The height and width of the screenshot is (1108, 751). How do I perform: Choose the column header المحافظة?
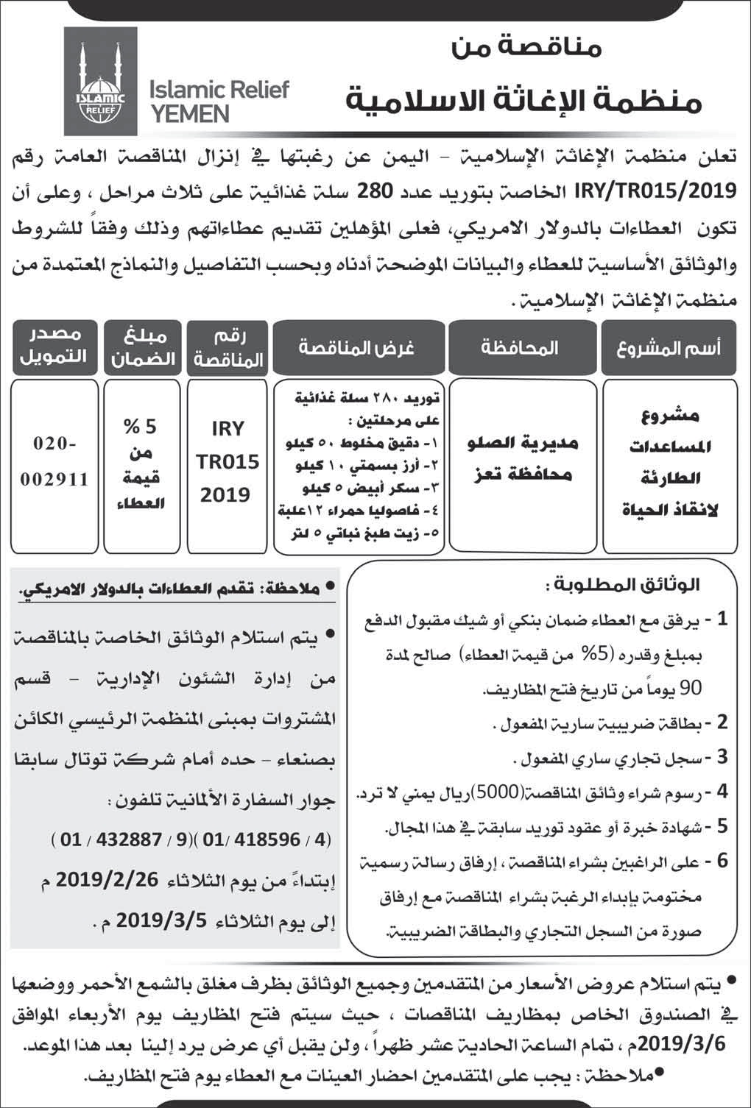[519, 347]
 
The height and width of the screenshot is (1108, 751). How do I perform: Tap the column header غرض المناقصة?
[356, 347]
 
